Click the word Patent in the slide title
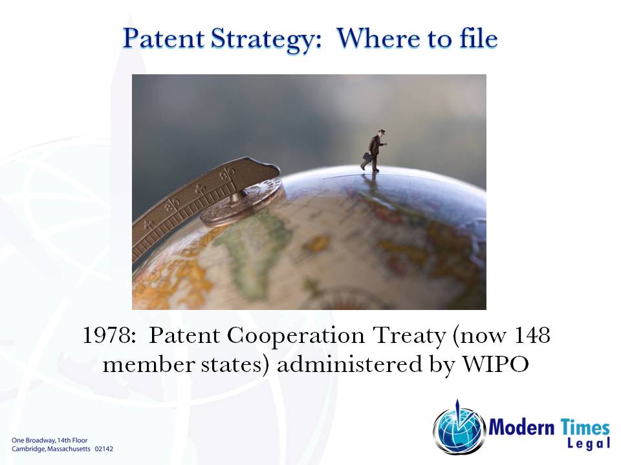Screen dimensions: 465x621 [x=162, y=39]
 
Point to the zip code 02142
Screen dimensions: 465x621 [x=103, y=448]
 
